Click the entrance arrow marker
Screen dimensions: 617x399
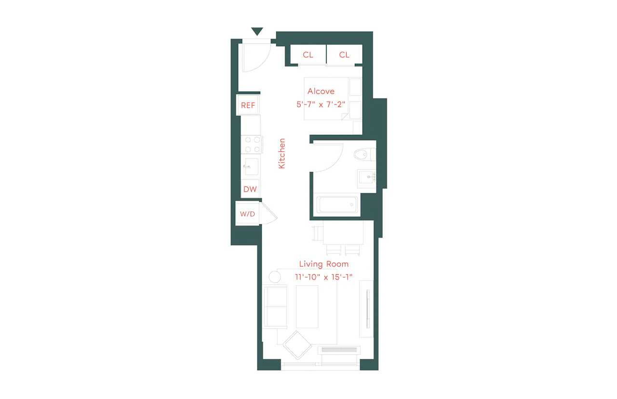[257, 31]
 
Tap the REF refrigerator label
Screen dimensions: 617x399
[248, 105]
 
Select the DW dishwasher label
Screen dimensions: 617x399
[250, 189]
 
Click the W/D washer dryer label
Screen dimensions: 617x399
[247, 214]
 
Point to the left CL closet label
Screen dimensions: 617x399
[308, 55]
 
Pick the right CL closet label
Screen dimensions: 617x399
[344, 55]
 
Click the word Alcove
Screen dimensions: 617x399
[321, 91]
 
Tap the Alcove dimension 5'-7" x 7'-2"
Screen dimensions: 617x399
[321, 105]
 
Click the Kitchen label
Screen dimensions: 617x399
[282, 153]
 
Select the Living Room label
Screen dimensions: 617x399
[324, 264]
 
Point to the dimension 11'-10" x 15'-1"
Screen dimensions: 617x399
[323, 277]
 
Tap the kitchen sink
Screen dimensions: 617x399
[252, 166]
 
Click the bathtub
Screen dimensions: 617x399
[336, 204]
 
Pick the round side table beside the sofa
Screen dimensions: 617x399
[275, 277]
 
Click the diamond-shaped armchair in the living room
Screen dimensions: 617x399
[297, 345]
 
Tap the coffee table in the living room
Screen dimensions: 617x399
[307, 306]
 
